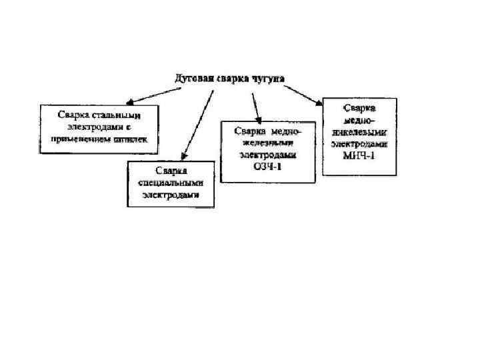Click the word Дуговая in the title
click(194, 79)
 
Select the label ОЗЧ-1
click(268, 166)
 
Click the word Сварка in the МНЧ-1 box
click(359, 107)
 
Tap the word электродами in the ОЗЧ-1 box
click(267, 154)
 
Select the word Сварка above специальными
click(171, 171)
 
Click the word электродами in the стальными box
click(93, 127)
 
